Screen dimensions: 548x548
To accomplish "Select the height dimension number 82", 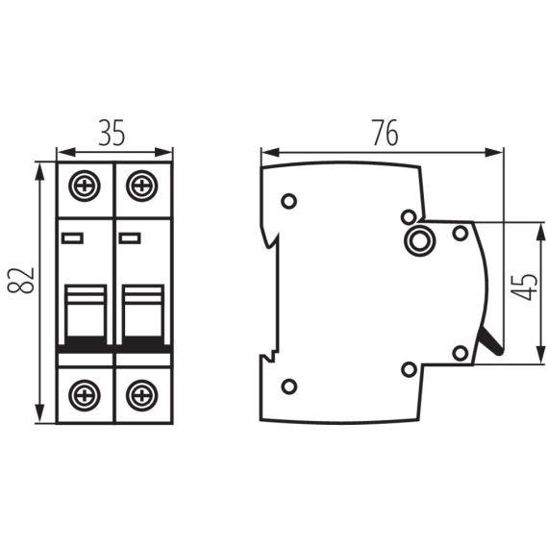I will [x=23, y=282].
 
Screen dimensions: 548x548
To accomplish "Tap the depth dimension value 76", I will [x=383, y=135].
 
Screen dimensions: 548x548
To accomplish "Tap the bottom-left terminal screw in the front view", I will [x=86, y=393].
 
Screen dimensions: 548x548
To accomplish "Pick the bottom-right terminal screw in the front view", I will [x=142, y=393].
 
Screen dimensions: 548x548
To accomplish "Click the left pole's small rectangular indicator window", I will [x=73, y=237].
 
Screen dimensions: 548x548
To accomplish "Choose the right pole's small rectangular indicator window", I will [x=130, y=237].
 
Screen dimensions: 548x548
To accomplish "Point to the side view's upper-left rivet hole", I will [x=288, y=201].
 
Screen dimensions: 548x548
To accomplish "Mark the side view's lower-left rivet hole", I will [x=288, y=386].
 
